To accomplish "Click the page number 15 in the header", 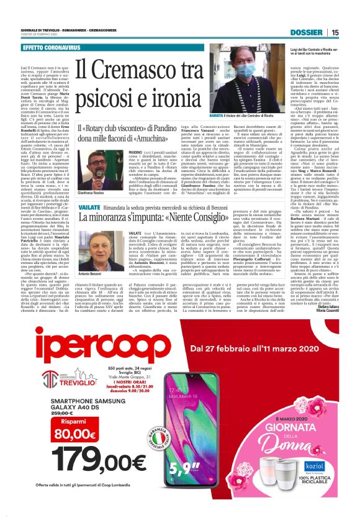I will click(x=335, y=32).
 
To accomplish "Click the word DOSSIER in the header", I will click(x=307, y=32).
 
